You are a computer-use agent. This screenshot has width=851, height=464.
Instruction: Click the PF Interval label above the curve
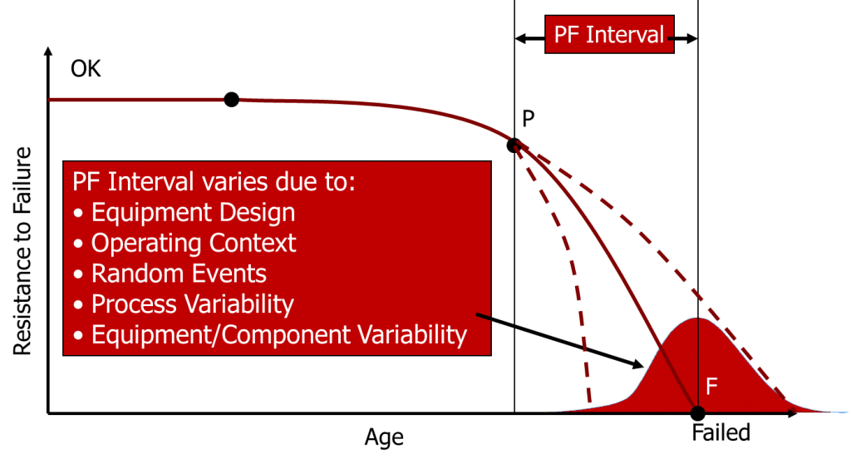(609, 34)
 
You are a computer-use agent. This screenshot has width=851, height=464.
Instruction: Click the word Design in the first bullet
(258, 212)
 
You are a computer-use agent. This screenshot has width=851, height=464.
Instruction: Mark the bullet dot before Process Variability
(79, 305)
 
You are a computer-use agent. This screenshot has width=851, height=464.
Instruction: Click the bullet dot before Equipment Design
(79, 214)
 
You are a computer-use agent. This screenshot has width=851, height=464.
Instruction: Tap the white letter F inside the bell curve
(712, 386)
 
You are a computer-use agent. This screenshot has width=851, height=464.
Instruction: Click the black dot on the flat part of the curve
(231, 101)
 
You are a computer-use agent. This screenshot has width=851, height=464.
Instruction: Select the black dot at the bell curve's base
(698, 410)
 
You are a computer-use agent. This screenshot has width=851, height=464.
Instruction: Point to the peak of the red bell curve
(698, 318)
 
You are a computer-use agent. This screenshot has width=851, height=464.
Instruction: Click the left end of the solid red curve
(52, 100)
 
